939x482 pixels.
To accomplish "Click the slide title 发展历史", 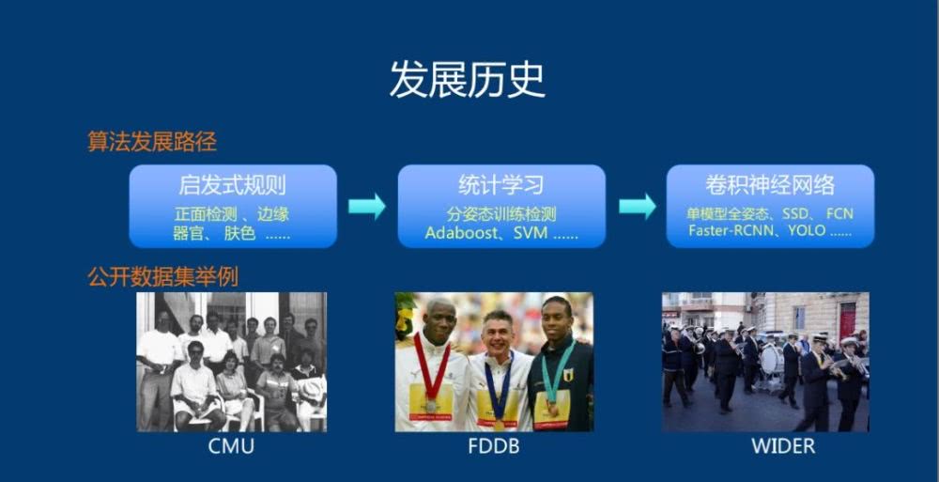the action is tap(467, 79).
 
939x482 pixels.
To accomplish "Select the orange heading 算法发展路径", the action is tap(152, 142).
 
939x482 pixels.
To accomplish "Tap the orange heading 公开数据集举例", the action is tap(162, 276).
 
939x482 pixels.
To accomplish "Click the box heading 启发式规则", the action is tap(232, 185).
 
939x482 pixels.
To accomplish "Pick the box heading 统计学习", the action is tap(501, 185).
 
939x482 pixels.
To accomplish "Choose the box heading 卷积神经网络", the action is tap(770, 185).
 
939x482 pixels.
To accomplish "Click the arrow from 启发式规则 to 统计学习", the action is tap(367, 206).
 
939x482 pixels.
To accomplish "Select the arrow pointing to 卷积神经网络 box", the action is tap(638, 206).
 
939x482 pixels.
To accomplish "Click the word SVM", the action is tap(531, 233).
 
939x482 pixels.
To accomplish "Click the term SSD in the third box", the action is tap(794, 214).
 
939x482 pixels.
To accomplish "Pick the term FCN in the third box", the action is tap(839, 214).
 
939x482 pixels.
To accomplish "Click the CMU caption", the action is tap(231, 446).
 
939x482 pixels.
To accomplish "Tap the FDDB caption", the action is tap(494, 446).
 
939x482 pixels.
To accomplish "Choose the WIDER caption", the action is tap(783, 446).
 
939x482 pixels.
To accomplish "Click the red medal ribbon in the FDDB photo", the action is tap(432, 366).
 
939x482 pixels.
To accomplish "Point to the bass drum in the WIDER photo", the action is tap(770, 359).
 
